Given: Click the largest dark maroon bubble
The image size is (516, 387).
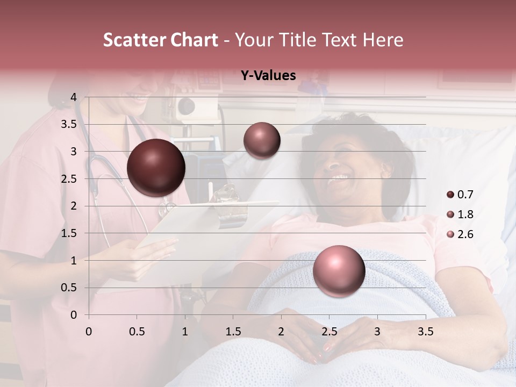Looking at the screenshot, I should tap(156, 168).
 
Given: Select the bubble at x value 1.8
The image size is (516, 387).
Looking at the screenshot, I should tap(262, 140).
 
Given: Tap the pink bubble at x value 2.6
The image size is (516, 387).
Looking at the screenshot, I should tap(339, 271).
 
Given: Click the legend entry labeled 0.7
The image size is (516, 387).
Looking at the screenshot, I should tap(460, 194).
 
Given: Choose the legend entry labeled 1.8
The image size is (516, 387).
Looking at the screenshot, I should tap(460, 214).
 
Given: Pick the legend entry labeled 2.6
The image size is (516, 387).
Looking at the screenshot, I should tap(460, 234).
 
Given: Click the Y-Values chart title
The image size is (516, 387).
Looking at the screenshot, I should tap(268, 76).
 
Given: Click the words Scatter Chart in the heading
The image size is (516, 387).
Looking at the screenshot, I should tap(160, 40).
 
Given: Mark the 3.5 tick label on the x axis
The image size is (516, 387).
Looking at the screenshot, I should tap(425, 332).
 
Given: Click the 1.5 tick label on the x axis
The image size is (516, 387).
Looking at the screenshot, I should tap(233, 332).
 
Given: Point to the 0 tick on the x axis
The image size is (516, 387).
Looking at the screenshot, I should tap(89, 332).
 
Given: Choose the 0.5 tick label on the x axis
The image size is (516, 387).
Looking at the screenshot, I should tap(137, 332).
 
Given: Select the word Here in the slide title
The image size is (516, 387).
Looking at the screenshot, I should tap(382, 40).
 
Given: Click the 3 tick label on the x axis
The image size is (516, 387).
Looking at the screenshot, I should tap(377, 332).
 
